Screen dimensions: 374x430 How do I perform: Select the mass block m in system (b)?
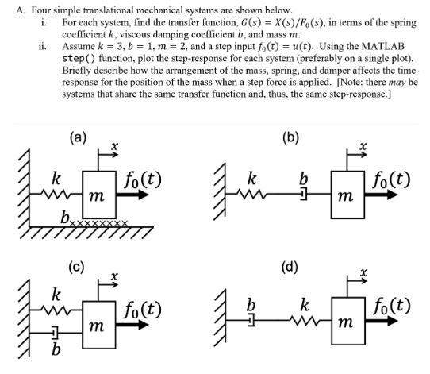tap(341, 195)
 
